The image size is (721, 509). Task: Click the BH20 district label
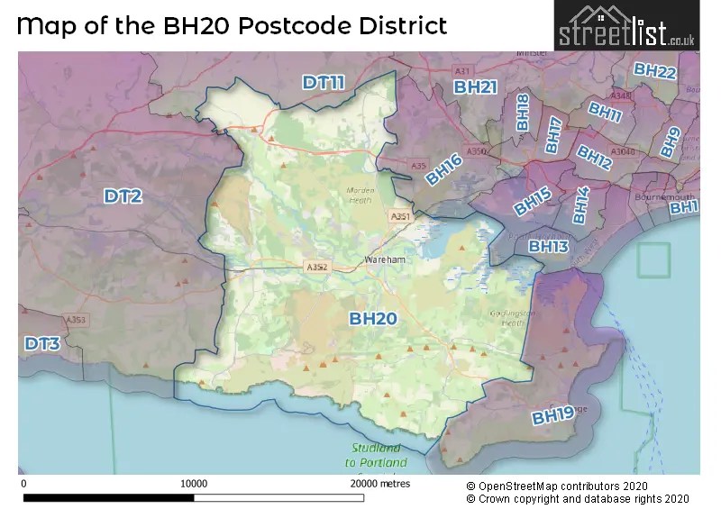(x=373, y=318)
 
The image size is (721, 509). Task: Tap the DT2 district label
(x=123, y=195)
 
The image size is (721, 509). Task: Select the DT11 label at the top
(x=324, y=83)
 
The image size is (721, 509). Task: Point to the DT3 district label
(x=42, y=343)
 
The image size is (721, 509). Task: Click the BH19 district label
(x=552, y=415)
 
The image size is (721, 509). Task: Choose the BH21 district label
(x=475, y=87)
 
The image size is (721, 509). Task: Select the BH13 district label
(x=548, y=246)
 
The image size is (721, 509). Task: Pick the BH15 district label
(x=532, y=202)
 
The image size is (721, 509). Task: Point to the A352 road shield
(x=316, y=267)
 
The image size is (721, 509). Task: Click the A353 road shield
(x=75, y=320)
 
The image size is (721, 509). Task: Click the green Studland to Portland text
(x=376, y=456)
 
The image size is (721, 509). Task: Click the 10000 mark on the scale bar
(x=194, y=484)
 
